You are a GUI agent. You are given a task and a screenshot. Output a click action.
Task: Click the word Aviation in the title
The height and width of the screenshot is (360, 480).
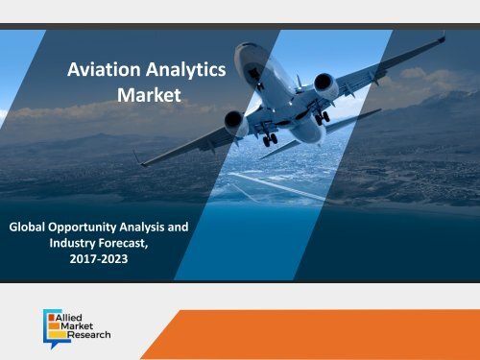point(99,70)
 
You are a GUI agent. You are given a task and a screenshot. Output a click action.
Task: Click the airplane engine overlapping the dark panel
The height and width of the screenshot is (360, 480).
point(235,122)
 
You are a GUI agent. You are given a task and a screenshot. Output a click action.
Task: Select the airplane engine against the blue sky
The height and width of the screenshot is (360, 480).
point(326,86)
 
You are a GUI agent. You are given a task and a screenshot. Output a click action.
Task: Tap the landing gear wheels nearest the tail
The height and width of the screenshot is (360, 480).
point(271,140)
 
